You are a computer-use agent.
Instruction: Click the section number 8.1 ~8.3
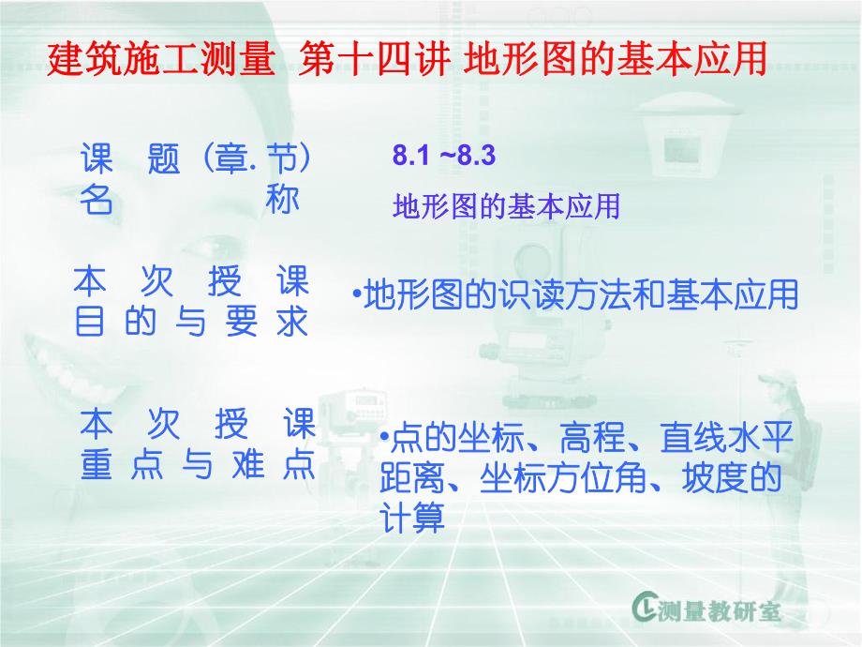pos(443,157)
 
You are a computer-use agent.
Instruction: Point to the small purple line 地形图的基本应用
pos(507,206)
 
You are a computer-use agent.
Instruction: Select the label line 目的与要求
pos(191,322)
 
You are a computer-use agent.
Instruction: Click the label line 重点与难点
pos(198,466)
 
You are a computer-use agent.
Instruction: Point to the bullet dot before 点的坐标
pos(384,437)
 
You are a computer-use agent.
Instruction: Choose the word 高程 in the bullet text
pos(587,439)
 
